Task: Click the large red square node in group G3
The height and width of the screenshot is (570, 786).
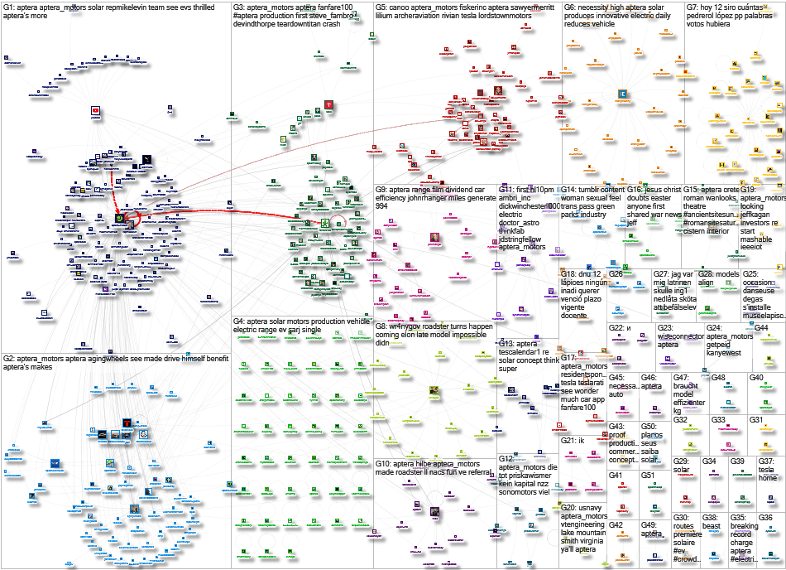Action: [x=305, y=105]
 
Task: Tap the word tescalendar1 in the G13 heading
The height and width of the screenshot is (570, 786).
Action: [x=529, y=354]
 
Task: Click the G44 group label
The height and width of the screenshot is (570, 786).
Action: [x=761, y=328]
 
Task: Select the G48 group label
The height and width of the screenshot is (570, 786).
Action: [x=718, y=378]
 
